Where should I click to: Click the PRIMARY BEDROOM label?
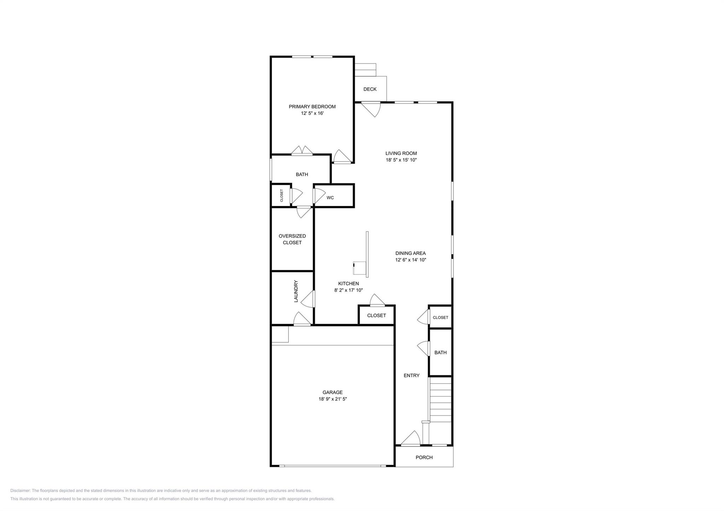[312, 107]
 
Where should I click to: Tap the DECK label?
[370, 89]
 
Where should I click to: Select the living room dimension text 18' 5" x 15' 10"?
[401, 160]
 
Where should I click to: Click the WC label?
[330, 198]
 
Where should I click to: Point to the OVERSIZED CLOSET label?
[292, 239]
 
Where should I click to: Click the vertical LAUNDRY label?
[296, 291]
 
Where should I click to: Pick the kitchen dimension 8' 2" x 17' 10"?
[348, 290]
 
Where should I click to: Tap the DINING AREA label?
[410, 253]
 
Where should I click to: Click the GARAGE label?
[332, 392]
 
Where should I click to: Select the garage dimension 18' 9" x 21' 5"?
[332, 399]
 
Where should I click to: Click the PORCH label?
[424, 457]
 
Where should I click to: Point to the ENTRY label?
[411, 375]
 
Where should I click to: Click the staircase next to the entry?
[440, 399]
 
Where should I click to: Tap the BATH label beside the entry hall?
[440, 352]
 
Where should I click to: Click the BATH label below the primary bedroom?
[302, 174]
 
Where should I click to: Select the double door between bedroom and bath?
[302, 151]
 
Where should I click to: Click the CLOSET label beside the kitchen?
[376, 315]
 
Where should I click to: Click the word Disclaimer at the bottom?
[20, 491]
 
